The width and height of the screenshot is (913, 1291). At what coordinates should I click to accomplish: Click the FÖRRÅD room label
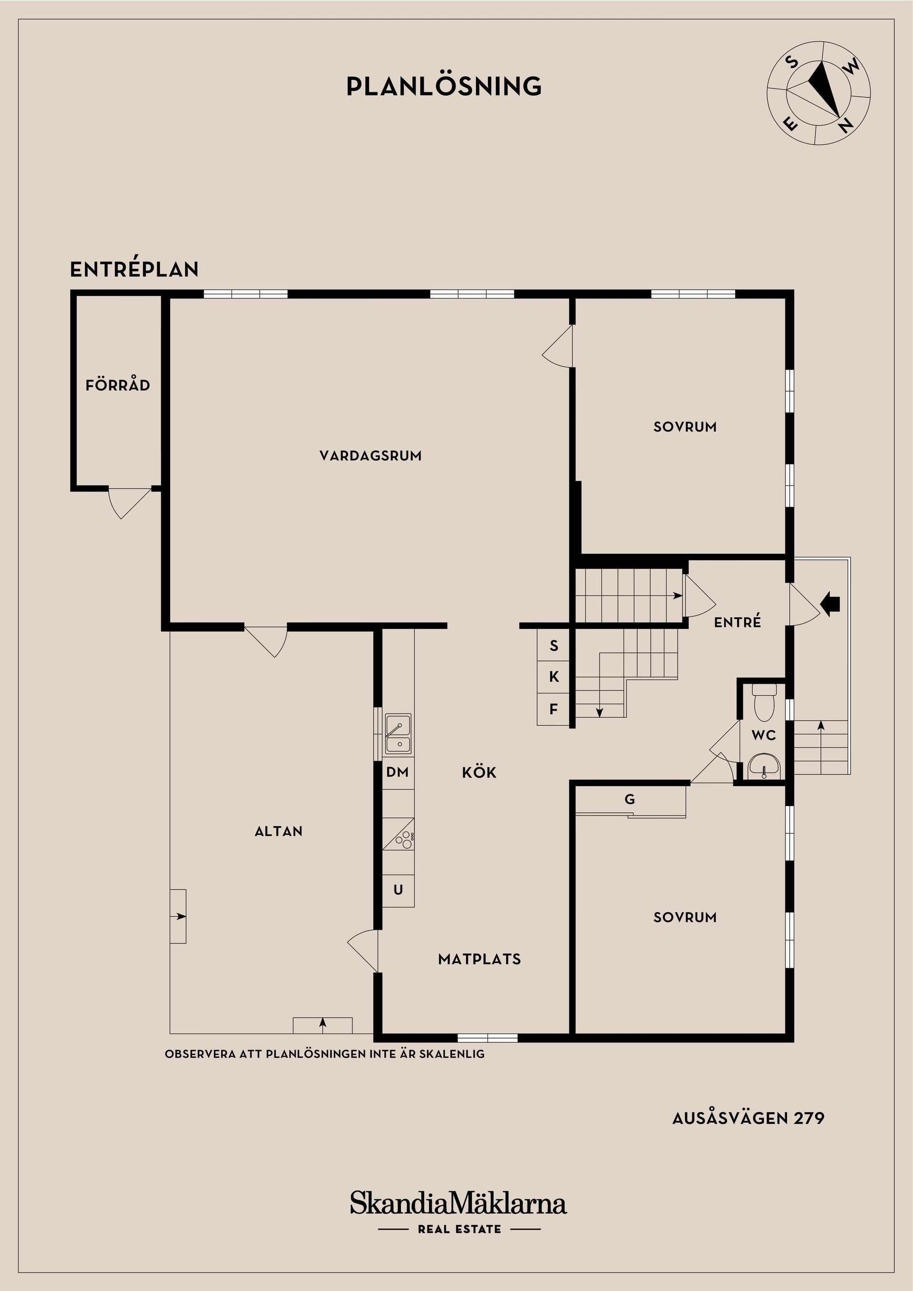tap(117, 385)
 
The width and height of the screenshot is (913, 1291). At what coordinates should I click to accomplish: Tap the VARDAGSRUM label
tap(370, 455)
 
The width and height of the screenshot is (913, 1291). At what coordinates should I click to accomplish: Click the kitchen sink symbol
tap(398, 734)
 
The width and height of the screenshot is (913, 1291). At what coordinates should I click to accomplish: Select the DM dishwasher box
tap(397, 772)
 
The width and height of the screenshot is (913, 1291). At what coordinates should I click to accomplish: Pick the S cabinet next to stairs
tap(554, 645)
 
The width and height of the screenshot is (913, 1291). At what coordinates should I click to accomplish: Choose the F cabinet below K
tap(554, 710)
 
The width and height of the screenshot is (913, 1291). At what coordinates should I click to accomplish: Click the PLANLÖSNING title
tap(444, 86)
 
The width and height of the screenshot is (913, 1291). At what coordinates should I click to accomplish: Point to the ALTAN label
tap(279, 831)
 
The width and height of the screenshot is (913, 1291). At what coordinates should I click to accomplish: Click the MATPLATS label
tap(479, 959)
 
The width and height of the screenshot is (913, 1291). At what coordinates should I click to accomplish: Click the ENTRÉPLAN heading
tap(134, 270)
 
